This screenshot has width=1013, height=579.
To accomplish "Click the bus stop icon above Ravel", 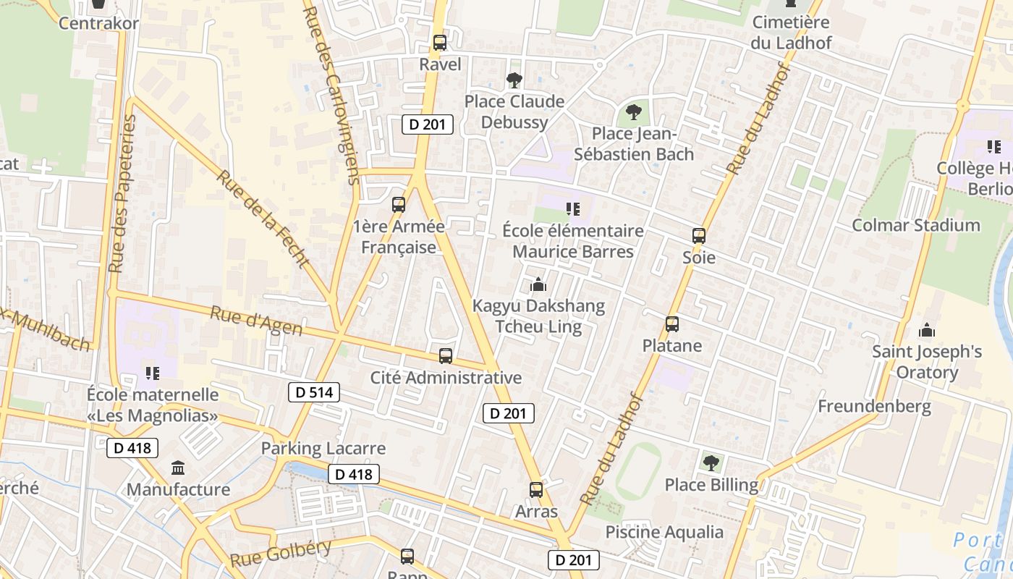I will point(439,43).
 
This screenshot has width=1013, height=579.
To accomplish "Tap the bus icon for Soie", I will point(698,236).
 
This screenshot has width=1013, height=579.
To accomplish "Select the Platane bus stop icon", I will point(672,324).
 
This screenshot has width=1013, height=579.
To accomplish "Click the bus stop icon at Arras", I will point(535,490).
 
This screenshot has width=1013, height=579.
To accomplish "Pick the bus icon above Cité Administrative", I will point(446,356).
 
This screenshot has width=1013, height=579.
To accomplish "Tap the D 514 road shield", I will point(314,392).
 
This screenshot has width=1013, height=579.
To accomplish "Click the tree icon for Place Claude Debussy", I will point(514,80).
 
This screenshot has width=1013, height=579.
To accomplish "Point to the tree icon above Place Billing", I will point(711,462).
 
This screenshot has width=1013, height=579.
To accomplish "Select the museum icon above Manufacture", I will point(178,468).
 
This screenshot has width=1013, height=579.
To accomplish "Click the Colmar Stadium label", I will point(915,225).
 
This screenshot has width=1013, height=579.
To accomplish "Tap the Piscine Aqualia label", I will point(664,533).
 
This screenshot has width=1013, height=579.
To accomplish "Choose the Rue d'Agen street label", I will point(256,321).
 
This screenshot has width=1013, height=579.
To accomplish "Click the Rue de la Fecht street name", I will point(263,219).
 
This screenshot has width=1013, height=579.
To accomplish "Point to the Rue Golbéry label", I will point(281,553).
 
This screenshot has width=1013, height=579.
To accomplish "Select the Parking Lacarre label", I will point(323,449).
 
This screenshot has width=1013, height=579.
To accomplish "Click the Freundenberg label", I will point(874,406).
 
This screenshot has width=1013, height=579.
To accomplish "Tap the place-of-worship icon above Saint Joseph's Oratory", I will point(927,331).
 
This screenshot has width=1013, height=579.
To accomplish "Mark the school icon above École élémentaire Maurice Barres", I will point(573,210).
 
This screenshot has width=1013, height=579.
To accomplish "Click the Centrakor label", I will point(98,23).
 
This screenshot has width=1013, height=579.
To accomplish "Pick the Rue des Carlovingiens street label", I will point(331,94).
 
